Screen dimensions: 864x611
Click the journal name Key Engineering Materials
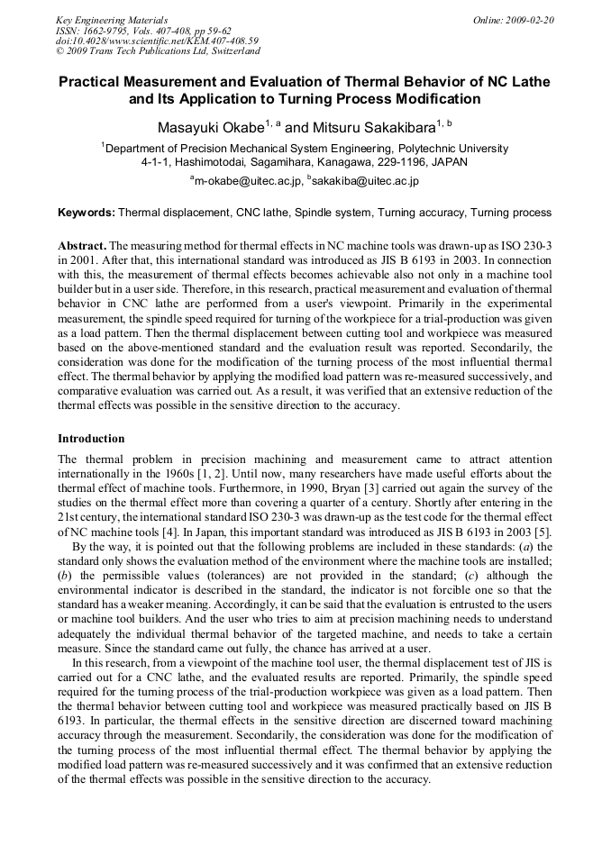pos(112,20)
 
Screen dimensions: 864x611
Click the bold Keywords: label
pos(87,214)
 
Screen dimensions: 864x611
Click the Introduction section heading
pos(91,439)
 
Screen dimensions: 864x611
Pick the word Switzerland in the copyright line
pos(222,52)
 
